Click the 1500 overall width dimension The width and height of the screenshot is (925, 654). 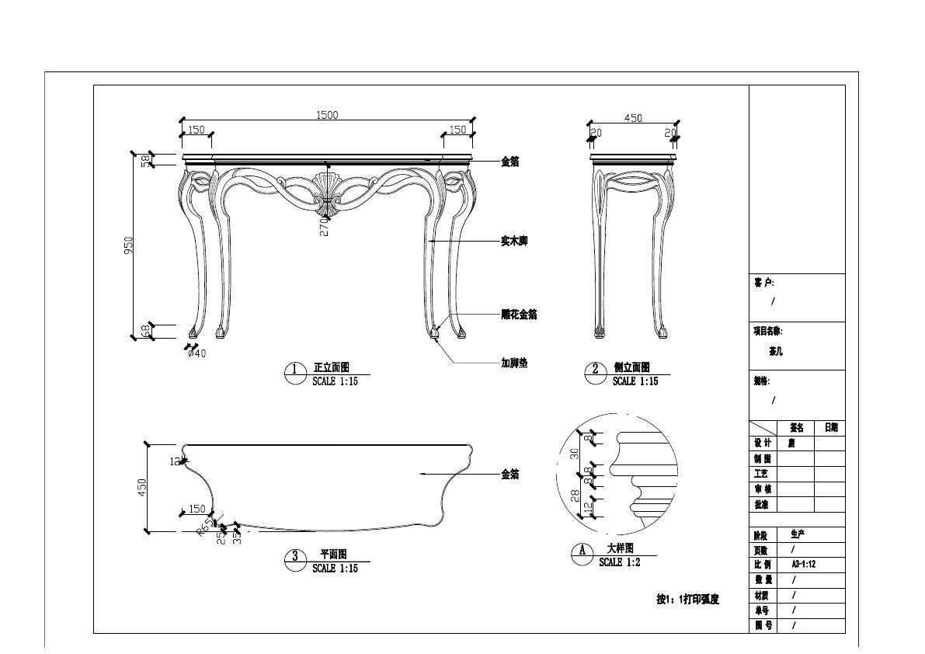click(x=327, y=115)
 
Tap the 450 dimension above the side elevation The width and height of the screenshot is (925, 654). click(x=633, y=118)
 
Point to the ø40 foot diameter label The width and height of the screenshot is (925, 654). click(x=196, y=353)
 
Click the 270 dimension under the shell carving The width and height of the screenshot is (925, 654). click(x=324, y=226)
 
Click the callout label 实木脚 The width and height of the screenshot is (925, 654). click(x=514, y=242)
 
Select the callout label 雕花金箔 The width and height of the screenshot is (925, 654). click(x=519, y=315)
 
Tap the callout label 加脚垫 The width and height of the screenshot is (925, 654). click(x=514, y=363)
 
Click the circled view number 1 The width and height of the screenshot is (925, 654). click(x=295, y=370)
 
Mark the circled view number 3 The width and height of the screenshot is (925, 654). click(x=295, y=556)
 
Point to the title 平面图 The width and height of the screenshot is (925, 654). click(x=333, y=555)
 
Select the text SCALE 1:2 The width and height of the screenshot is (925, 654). click(x=620, y=562)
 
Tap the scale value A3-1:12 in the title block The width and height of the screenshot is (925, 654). click(x=805, y=565)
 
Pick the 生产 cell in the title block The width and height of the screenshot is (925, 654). click(x=798, y=534)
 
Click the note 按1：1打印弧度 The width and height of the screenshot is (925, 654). click(x=688, y=600)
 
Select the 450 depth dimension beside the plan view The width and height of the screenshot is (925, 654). click(x=142, y=487)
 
